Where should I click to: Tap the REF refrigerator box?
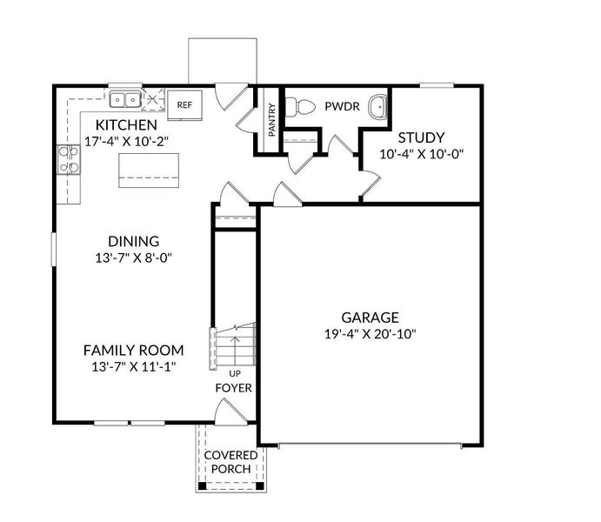[x=184, y=104]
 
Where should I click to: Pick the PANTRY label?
[x=271, y=122]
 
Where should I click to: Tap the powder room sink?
[x=377, y=107]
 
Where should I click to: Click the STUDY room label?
[x=421, y=137]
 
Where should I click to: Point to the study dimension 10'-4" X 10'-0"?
[x=421, y=155]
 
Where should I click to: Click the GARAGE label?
[x=370, y=318]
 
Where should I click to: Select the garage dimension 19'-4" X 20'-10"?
[x=370, y=334]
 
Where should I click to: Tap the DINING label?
[x=133, y=241]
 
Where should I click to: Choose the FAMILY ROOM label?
[x=133, y=350]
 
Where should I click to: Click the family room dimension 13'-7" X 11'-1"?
[x=133, y=366]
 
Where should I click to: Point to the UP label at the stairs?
[x=234, y=373]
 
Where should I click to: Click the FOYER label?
[x=234, y=387]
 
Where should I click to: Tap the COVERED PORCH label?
[x=230, y=462]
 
